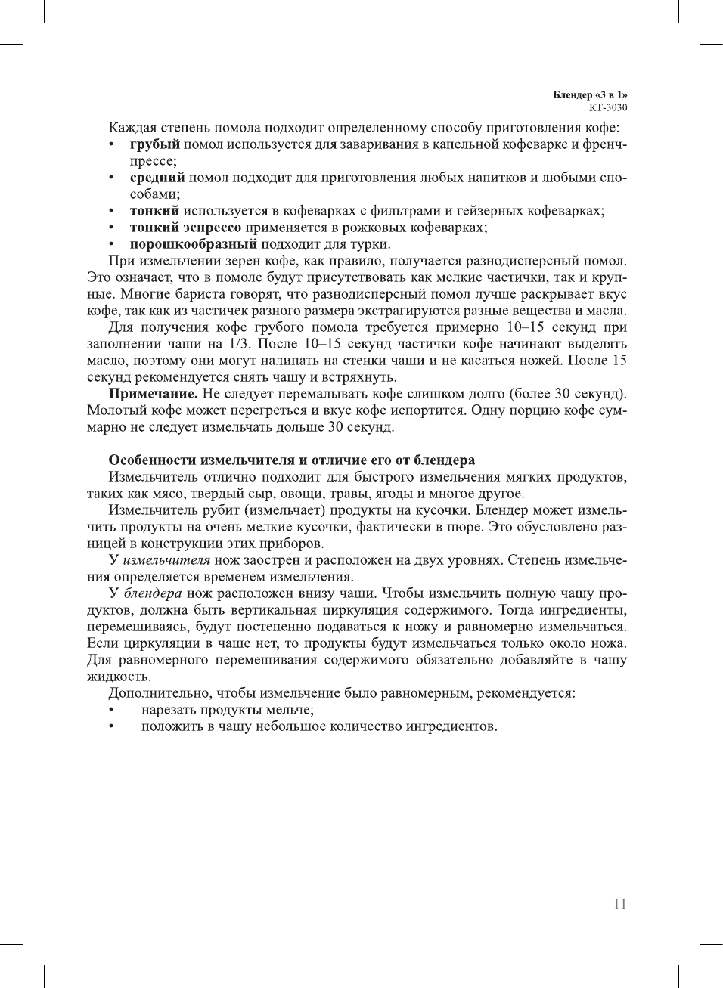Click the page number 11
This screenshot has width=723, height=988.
(619, 904)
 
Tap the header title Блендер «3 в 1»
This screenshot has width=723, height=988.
(590, 94)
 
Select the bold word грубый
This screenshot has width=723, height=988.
(154, 144)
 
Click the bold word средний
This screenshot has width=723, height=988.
(157, 178)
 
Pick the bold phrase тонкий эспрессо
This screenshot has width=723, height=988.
(185, 228)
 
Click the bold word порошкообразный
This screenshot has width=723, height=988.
(193, 244)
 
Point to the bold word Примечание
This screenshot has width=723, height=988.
(153, 394)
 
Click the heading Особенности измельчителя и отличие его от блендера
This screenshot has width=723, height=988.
(291, 460)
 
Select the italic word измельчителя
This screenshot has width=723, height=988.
(166, 560)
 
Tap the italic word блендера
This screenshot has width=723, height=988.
(152, 593)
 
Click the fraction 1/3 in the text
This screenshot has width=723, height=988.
(240, 344)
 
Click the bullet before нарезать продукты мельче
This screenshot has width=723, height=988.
(111, 710)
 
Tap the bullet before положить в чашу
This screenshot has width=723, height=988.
(111, 726)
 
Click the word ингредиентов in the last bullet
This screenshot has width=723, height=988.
(451, 726)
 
